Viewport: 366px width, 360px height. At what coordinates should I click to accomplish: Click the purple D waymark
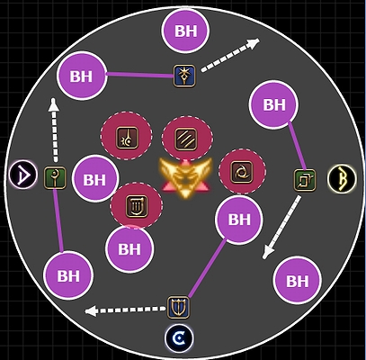tap(23, 175)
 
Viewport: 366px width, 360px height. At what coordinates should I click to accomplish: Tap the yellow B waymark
tap(342, 179)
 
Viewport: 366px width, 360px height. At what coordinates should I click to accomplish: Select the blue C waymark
tap(179, 338)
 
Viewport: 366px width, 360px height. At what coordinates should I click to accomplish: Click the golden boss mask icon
tap(186, 177)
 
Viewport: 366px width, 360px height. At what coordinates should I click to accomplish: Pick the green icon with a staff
tap(55, 178)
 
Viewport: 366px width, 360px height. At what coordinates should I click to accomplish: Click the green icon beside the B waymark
tap(305, 180)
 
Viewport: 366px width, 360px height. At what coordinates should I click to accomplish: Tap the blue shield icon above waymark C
tap(178, 307)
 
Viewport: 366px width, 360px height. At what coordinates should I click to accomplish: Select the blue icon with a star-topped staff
tap(184, 76)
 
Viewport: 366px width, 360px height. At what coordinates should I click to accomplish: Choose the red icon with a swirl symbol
tap(242, 172)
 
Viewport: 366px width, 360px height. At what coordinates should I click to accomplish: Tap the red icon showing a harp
tap(137, 206)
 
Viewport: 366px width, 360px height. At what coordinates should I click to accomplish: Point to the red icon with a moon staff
tap(127, 138)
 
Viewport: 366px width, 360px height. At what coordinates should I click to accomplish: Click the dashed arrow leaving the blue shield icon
tap(125, 310)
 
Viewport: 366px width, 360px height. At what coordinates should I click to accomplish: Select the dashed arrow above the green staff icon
tap(54, 130)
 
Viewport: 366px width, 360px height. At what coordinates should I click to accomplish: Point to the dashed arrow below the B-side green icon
tap(281, 227)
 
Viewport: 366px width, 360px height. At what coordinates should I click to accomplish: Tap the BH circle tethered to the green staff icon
tap(68, 275)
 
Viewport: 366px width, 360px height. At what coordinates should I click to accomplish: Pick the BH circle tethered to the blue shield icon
tap(239, 220)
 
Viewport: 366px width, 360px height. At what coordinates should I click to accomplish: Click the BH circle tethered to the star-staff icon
tap(82, 76)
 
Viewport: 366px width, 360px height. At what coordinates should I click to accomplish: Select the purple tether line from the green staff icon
tap(58, 220)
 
